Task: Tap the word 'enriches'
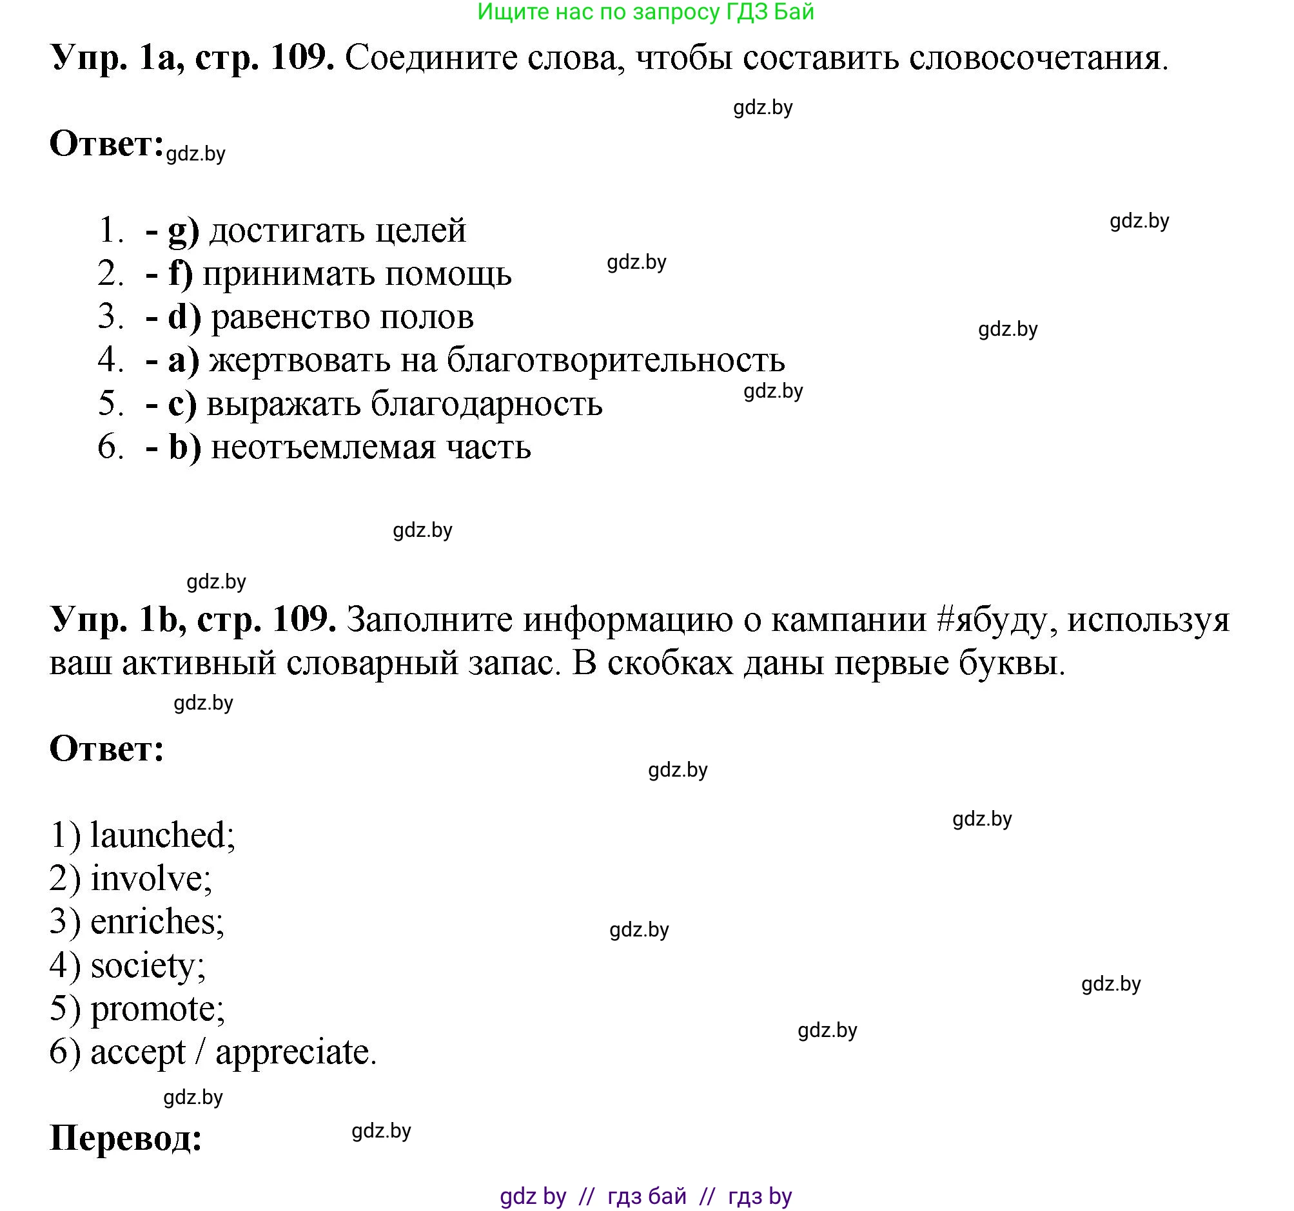pos(155,922)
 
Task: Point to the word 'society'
pos(146,965)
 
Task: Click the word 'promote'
pos(156,1009)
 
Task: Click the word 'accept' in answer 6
pos(137,1052)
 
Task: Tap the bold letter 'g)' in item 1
pos(183,230)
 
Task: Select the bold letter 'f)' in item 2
pos(181,273)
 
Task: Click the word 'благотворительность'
pos(616,360)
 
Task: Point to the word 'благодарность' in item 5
pos(486,403)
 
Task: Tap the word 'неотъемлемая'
pos(324,447)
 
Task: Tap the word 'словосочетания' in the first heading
pos(1034,59)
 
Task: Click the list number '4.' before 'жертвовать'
pos(111,360)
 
